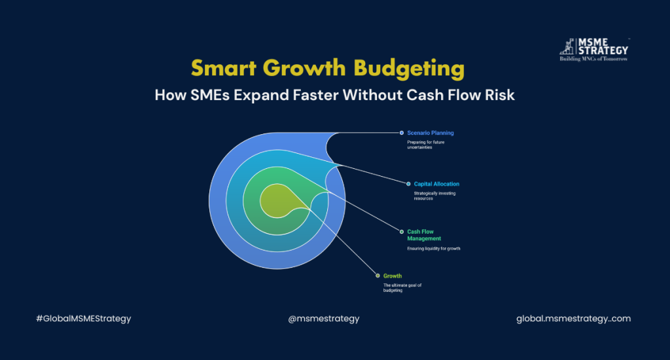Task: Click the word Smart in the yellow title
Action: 224,67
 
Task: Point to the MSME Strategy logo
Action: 594,50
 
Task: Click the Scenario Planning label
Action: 431,133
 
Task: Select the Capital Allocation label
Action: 436,184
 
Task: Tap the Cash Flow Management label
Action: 424,235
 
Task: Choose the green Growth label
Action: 393,276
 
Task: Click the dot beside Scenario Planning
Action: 401,133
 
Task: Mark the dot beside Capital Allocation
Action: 408,184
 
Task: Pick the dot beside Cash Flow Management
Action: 401,232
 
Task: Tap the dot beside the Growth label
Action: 378,276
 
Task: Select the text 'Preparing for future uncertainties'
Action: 425,145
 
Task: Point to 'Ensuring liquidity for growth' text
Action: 433,249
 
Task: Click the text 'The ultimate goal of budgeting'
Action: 402,288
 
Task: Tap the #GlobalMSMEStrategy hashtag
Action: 84,319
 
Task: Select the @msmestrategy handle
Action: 324,319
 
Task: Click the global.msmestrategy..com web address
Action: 573,319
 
